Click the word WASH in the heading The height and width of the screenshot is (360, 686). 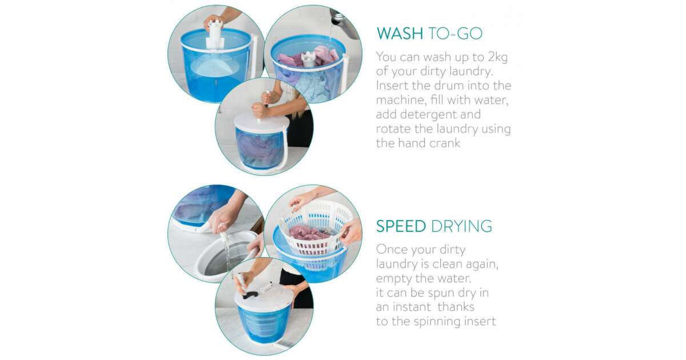(x=400, y=33)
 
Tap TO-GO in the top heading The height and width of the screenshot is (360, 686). (x=456, y=33)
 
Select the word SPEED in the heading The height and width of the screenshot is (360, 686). (x=401, y=226)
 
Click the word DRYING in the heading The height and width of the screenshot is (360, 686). (x=461, y=226)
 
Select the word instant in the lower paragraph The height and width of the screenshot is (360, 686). (x=413, y=307)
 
